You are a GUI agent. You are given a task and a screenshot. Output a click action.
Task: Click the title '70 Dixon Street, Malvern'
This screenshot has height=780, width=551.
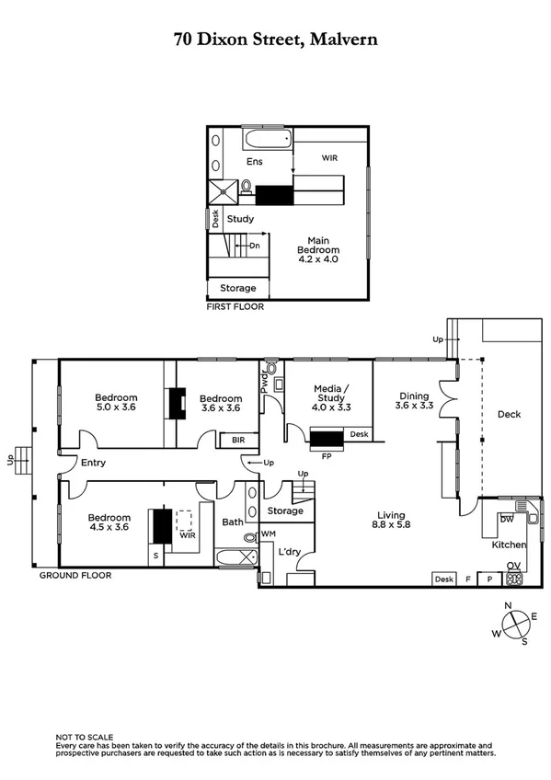[x=276, y=40]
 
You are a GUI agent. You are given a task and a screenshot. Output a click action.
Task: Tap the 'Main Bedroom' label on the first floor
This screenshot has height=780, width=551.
[x=318, y=249]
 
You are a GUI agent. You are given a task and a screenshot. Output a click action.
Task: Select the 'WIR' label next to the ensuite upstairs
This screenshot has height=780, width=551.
[x=329, y=158]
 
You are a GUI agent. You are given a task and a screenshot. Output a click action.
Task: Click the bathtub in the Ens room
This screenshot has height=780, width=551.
[x=267, y=141]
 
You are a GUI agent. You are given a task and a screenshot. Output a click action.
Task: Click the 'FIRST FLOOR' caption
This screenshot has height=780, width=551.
[x=235, y=307]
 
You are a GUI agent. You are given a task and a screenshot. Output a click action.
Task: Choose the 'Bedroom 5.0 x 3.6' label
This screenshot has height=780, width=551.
[x=116, y=403]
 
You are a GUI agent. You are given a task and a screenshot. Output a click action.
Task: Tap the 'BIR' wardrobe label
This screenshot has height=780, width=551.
[x=237, y=441]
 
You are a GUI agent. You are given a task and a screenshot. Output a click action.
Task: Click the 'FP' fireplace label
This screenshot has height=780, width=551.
[x=326, y=454]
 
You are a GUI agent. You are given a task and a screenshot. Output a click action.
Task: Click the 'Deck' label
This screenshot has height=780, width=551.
[x=509, y=415]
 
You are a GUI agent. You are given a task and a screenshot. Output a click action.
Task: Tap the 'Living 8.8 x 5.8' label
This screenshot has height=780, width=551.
[x=396, y=521]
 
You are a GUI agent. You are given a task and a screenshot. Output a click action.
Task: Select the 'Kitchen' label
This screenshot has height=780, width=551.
[x=508, y=545]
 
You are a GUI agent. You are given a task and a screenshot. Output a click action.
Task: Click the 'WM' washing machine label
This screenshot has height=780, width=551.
[x=269, y=533]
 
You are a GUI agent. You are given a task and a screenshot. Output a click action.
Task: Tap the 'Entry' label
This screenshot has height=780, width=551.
[x=93, y=463]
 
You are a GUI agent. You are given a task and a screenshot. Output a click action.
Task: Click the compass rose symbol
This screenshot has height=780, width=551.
[x=516, y=625]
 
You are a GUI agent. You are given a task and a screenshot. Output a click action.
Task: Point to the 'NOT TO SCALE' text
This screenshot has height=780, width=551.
[x=85, y=737]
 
